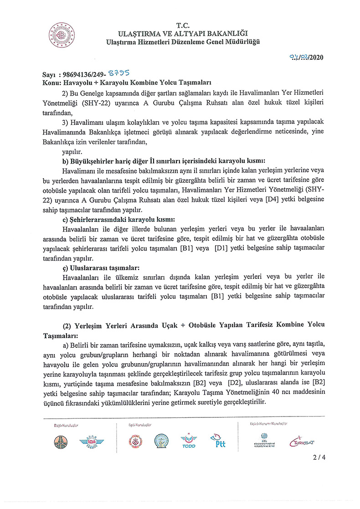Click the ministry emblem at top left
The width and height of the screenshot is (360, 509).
tap(62, 34)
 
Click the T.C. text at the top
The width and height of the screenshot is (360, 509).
tap(182, 26)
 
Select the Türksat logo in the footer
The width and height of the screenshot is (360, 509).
tap(302, 441)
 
